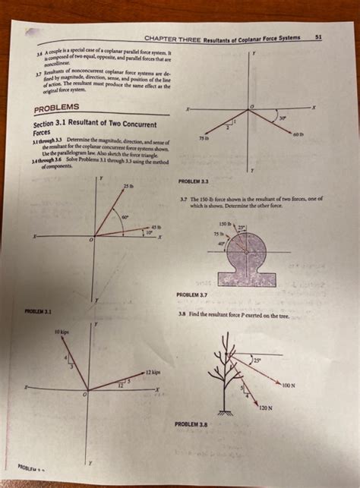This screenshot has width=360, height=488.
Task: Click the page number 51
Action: pos(317,36)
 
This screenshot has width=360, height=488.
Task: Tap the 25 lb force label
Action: pos(126,187)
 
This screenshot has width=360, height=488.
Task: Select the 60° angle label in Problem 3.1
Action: pos(125,217)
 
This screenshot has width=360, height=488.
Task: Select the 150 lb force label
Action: pos(225,223)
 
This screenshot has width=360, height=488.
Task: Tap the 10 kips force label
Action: pos(62,332)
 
